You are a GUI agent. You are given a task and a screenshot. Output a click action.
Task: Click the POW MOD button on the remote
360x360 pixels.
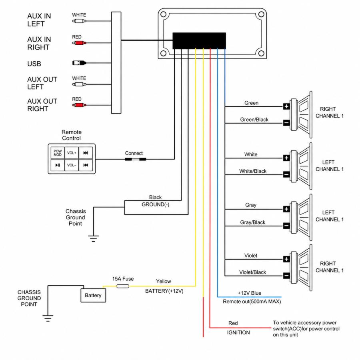[x=57, y=153]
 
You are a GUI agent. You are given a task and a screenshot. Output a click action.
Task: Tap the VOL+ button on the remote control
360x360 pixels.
[x=72, y=153]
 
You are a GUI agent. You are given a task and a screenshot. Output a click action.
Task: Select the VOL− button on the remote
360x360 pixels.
[x=72, y=165]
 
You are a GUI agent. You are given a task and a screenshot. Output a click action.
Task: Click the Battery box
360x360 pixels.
[x=93, y=296]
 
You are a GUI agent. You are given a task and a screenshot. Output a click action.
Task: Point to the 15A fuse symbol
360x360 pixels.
[x=122, y=286]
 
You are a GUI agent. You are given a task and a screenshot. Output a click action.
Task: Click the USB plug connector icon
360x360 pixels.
[x=79, y=63]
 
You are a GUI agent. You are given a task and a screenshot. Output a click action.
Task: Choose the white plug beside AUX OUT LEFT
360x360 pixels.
[x=79, y=84]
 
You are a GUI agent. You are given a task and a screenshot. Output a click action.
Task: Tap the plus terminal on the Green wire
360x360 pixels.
[x=286, y=106]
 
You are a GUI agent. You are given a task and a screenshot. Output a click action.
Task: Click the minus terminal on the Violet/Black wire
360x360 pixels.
[x=286, y=276]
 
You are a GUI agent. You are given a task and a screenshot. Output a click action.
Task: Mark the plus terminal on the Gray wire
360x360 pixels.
[x=286, y=209]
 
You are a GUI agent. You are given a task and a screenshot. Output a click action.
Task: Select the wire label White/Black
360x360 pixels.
[x=253, y=171]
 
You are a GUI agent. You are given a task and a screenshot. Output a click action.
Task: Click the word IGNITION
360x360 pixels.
[x=238, y=332]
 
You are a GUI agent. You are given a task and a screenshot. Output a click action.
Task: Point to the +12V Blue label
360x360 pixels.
[x=249, y=293]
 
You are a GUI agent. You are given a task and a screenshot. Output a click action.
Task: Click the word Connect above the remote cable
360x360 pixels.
[x=134, y=153]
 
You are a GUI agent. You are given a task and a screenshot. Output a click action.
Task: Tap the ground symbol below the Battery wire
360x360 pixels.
[x=48, y=318]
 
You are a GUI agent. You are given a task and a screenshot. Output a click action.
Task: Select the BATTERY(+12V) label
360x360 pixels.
[x=164, y=291]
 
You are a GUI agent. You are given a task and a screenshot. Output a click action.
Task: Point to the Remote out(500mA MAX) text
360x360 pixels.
[x=252, y=302]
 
